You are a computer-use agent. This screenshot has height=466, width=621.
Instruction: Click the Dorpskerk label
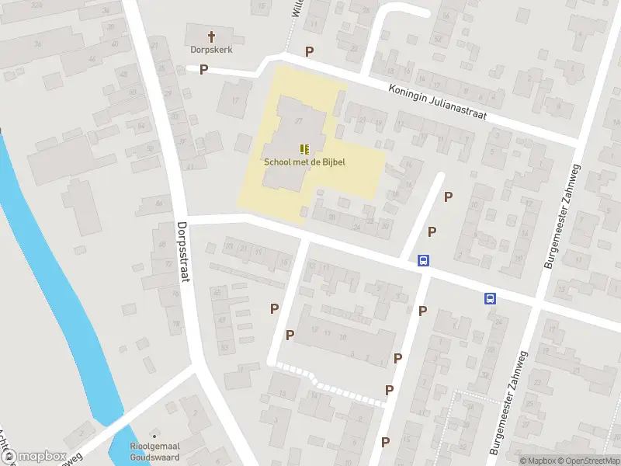[x=211, y=49]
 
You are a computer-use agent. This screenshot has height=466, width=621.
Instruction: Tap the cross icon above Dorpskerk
[x=211, y=36]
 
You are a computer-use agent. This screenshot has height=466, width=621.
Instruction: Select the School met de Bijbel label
[x=304, y=162]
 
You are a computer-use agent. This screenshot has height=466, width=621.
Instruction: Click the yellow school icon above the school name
[x=304, y=148]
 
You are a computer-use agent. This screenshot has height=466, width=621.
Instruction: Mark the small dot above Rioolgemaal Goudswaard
[x=154, y=433]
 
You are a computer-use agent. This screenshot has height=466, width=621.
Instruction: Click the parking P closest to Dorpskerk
[x=204, y=70]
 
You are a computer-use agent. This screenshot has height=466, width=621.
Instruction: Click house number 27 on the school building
[x=299, y=121]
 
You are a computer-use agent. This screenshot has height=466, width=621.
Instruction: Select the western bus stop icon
[x=424, y=261]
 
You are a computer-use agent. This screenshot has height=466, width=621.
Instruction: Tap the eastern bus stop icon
[x=491, y=297]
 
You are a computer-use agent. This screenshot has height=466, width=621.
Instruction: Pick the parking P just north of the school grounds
[x=310, y=52]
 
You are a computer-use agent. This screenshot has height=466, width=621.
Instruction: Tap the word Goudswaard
[x=153, y=456]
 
